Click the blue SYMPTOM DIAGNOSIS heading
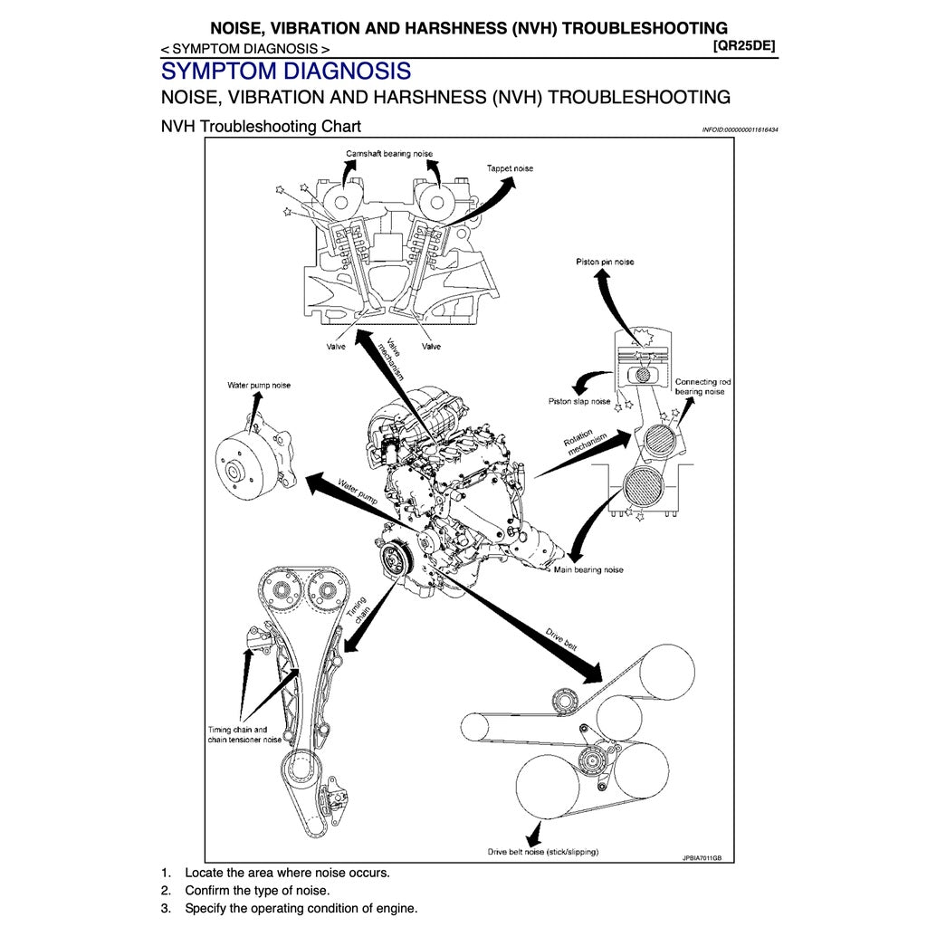point(285,71)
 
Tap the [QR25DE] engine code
point(744,45)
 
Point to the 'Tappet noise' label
point(510,168)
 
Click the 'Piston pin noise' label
point(605,262)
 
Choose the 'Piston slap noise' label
point(579,401)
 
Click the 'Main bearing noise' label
point(588,570)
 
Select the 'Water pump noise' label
point(259,385)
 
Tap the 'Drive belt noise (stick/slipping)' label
point(543,852)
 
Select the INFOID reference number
point(740,129)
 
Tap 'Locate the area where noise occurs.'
point(287,873)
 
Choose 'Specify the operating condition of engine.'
point(301,908)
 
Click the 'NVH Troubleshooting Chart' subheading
point(261,126)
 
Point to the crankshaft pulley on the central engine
point(394,559)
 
